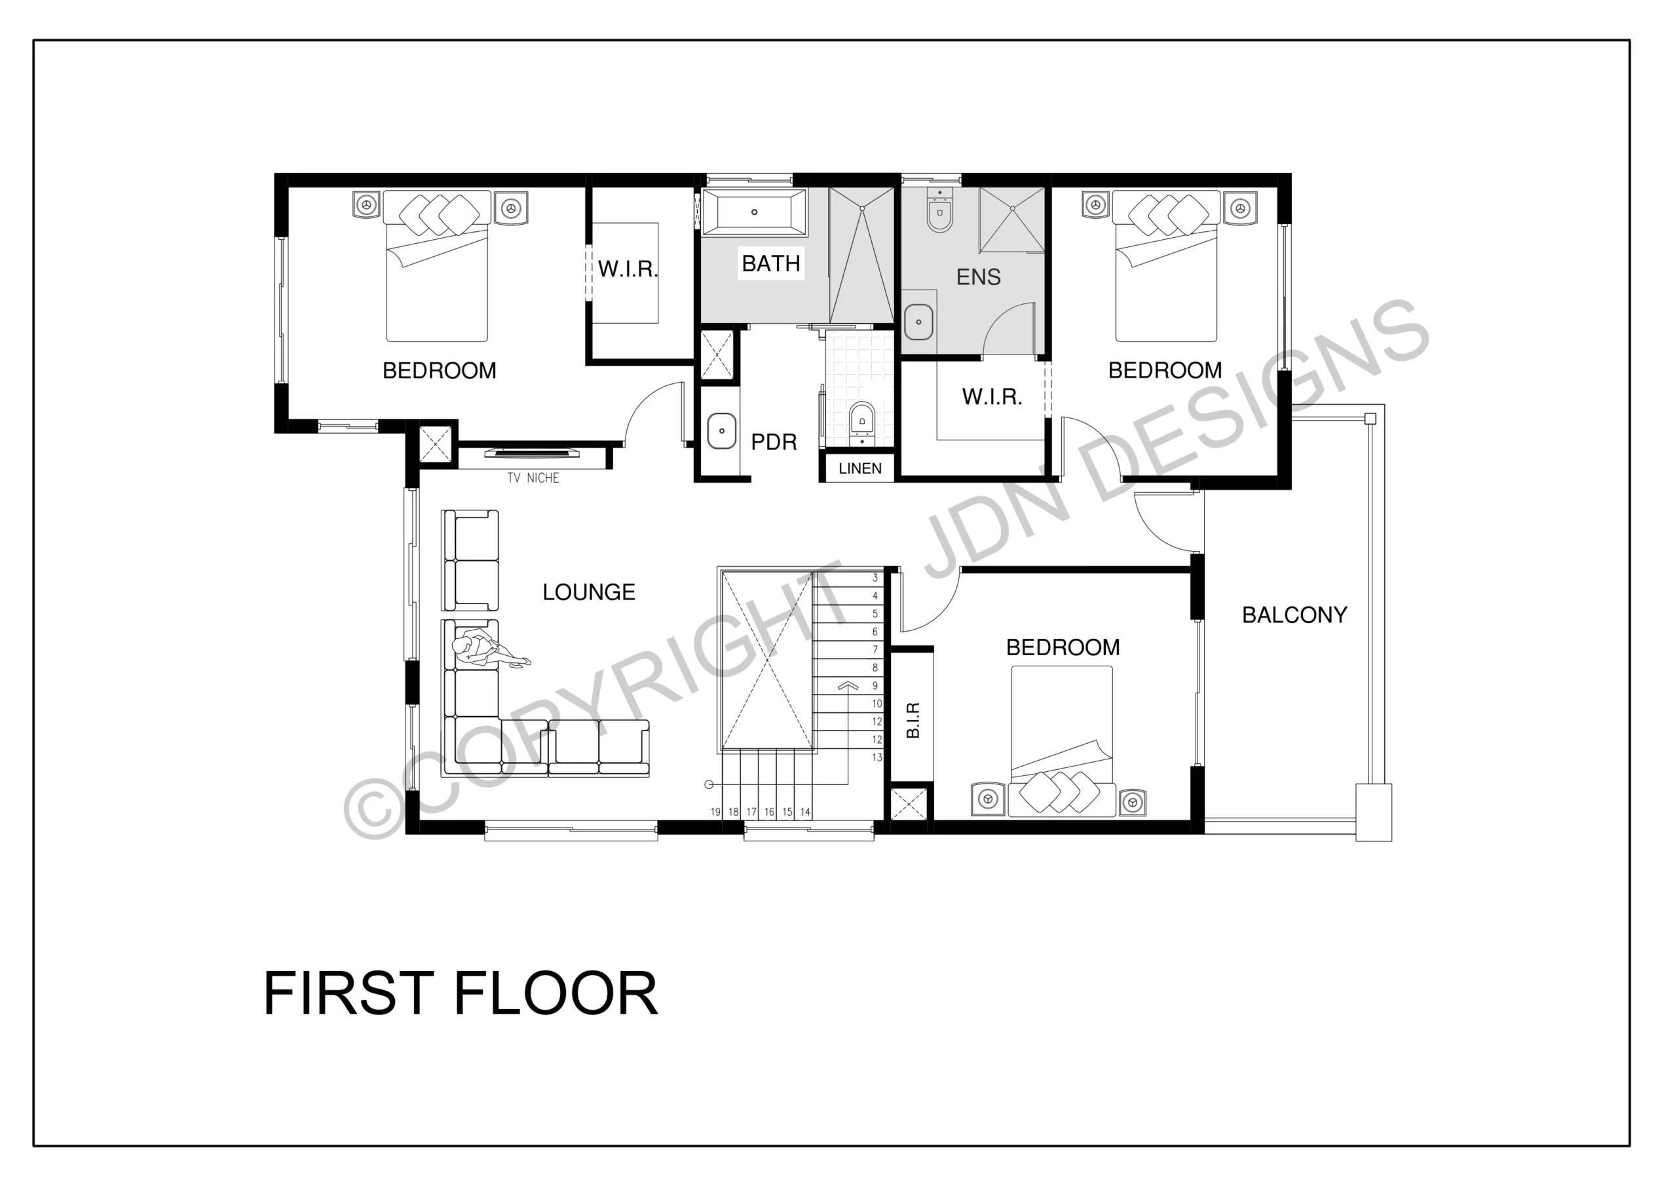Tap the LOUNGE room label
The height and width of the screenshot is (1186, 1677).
(589, 592)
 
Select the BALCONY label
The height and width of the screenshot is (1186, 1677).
(1294, 615)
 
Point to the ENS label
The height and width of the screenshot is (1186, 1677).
(978, 277)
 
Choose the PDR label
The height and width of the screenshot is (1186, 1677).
(774, 442)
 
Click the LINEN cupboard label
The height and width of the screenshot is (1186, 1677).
(859, 469)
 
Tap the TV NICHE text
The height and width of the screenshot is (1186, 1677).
(533, 478)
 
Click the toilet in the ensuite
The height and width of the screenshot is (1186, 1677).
(939, 209)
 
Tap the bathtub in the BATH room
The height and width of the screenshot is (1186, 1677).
(755, 212)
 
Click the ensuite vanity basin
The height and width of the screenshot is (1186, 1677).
(918, 322)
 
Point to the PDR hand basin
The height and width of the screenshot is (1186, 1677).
(722, 431)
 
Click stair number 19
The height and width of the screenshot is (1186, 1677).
(716, 812)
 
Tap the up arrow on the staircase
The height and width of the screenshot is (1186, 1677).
(847, 685)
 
